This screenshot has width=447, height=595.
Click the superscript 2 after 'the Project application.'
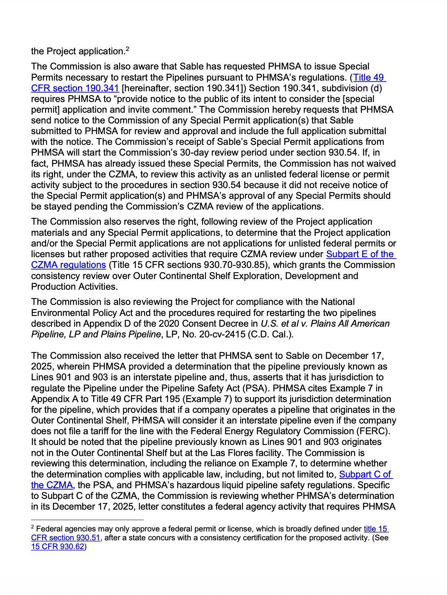click(x=127, y=48)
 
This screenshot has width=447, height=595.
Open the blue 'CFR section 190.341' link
click(x=75, y=88)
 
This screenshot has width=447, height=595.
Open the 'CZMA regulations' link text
click(x=68, y=265)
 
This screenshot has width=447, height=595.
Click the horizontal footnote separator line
click(x=87, y=520)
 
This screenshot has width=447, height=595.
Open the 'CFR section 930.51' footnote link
click(x=65, y=538)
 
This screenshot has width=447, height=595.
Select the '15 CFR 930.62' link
click(x=58, y=547)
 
